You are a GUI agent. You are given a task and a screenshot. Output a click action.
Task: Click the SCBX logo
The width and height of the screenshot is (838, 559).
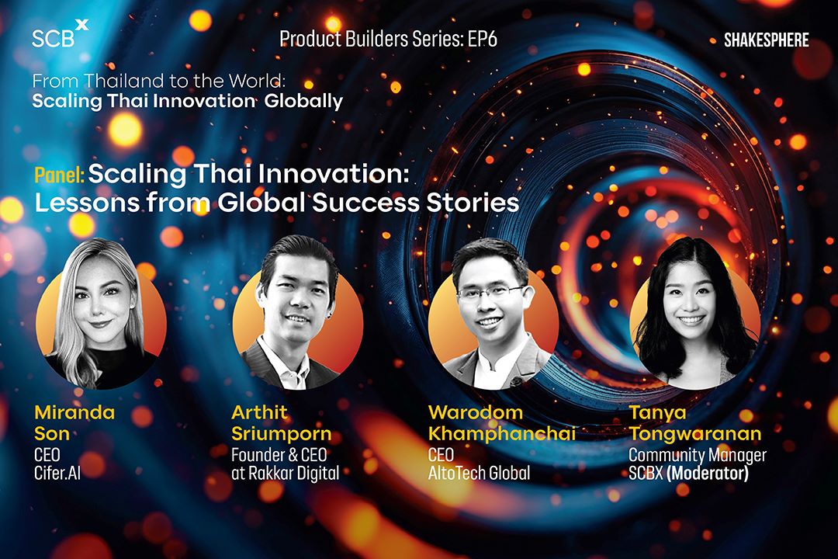click(x=60, y=34)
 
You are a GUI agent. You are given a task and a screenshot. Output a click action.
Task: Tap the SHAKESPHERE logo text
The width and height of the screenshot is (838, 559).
click(x=766, y=40)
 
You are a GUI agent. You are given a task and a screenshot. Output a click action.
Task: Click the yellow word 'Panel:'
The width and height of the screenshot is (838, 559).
click(x=59, y=175)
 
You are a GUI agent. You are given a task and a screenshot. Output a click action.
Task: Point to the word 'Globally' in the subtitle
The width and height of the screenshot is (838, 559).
click(x=303, y=101)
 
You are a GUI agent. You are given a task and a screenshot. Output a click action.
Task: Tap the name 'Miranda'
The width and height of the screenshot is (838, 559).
click(x=74, y=412)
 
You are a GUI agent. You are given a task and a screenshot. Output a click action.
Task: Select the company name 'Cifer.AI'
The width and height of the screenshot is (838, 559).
click(x=57, y=473)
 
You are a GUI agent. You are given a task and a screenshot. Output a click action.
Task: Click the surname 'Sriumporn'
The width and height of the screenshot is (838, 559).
click(x=281, y=433)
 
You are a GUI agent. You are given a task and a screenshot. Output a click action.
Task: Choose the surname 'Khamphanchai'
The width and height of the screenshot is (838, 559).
click(x=502, y=433)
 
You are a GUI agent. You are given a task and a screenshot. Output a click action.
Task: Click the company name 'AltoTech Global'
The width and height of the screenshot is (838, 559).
click(x=480, y=473)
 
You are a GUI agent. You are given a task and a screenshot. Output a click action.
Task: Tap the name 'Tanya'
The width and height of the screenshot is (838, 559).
click(x=657, y=413)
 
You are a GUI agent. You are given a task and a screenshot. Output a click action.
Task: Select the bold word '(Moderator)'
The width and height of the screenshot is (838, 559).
click(x=708, y=473)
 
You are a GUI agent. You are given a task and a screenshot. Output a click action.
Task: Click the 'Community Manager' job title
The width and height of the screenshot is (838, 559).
click(x=698, y=455)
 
